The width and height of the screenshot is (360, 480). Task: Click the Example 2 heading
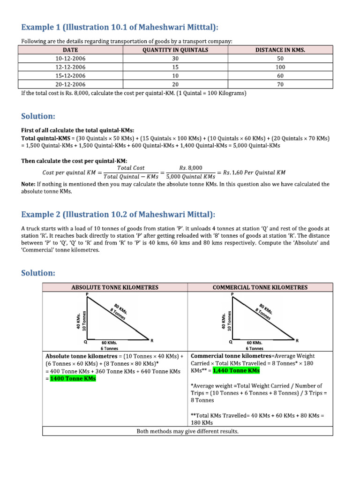click(x=118, y=214)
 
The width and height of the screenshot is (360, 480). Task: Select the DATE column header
click(x=70, y=50)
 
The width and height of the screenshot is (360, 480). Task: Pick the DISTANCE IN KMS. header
click(x=280, y=50)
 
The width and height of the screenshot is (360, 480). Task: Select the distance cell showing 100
click(x=280, y=67)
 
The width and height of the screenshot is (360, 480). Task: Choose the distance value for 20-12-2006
click(x=280, y=84)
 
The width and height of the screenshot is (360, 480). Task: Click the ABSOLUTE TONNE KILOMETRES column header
click(x=114, y=287)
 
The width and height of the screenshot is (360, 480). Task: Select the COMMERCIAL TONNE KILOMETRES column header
click(x=260, y=287)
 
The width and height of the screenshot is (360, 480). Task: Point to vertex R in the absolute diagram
click(x=151, y=340)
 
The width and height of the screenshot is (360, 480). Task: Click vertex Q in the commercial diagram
click(x=230, y=342)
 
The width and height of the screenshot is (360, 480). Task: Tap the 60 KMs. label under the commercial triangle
click(x=255, y=343)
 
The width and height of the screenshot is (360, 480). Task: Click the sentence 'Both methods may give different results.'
click(x=187, y=431)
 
